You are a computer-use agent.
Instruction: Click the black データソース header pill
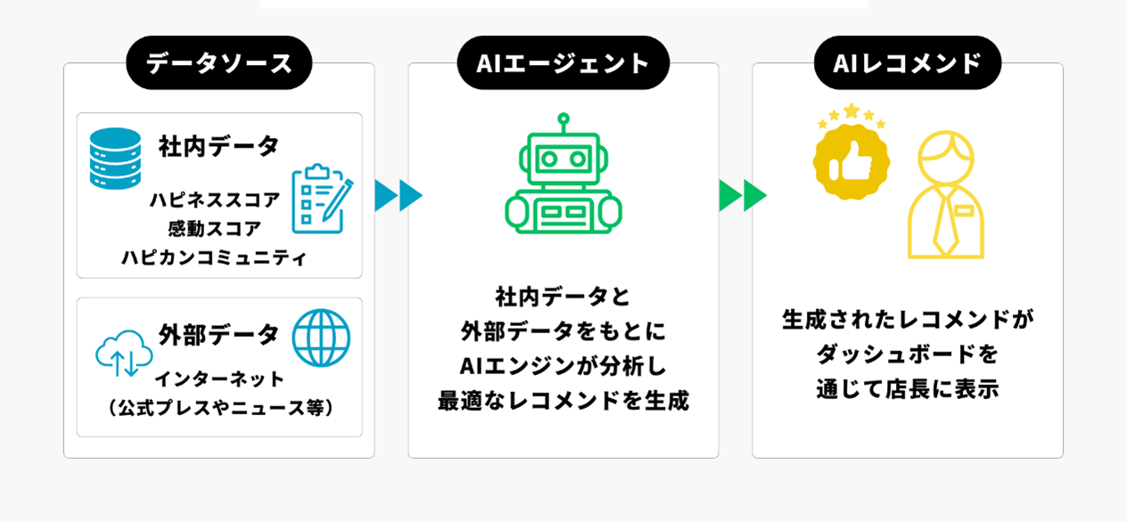click(x=219, y=63)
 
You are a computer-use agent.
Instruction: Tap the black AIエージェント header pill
click(x=563, y=63)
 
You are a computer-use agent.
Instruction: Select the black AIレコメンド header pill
click(x=907, y=63)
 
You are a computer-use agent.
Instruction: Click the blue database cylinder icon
click(x=116, y=159)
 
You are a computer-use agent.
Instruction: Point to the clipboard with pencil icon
click(x=321, y=198)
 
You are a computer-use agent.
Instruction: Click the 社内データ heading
click(x=219, y=146)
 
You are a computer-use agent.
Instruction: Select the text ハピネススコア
click(x=215, y=200)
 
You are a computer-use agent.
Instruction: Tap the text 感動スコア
click(x=215, y=229)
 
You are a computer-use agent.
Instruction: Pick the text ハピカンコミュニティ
click(x=215, y=258)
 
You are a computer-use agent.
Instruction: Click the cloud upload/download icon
click(x=124, y=353)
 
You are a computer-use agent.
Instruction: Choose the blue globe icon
click(x=321, y=338)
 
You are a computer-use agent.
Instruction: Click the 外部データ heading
click(x=219, y=335)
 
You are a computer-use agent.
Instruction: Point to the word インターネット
click(x=220, y=379)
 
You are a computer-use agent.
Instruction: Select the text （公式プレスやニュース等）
click(x=220, y=407)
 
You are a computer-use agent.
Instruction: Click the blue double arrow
click(x=398, y=195)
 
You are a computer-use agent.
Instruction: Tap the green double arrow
click(x=743, y=195)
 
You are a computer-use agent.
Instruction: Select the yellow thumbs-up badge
click(x=851, y=159)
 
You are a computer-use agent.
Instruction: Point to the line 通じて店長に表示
click(x=907, y=389)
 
